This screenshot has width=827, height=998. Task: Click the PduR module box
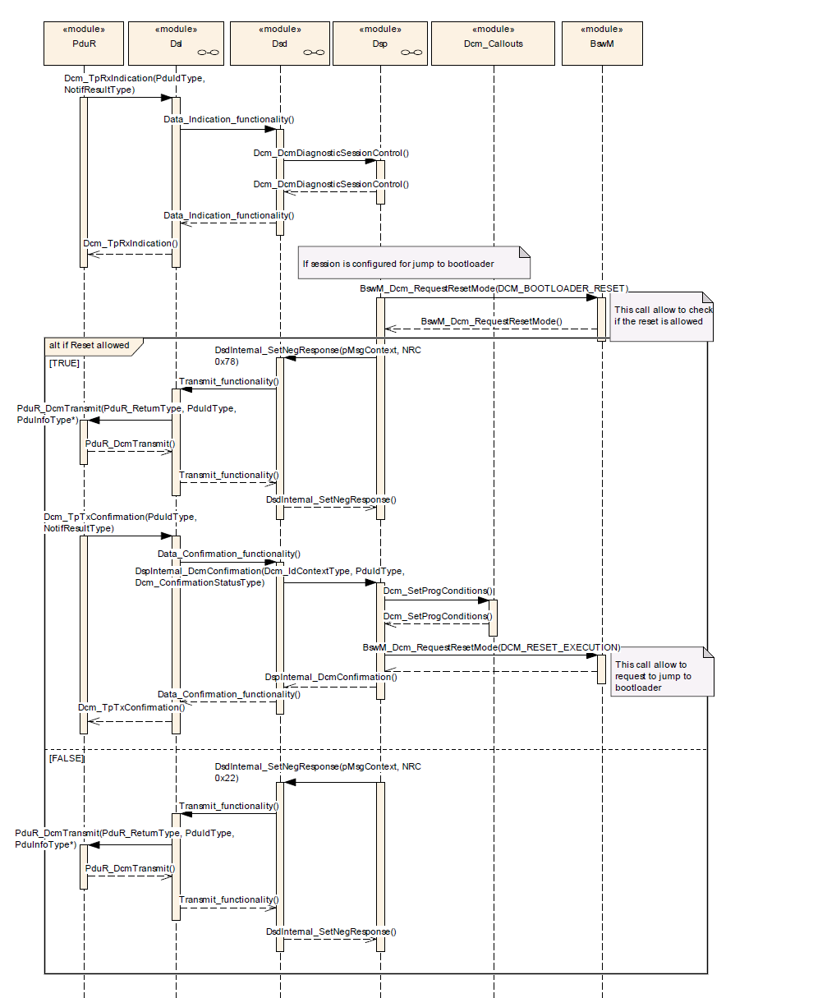pos(84,43)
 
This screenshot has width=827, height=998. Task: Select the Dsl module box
pos(177,43)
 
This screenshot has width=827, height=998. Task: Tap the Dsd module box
pos(280,43)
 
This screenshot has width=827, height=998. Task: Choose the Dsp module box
pos(380,43)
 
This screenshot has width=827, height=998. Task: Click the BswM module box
pos(602,43)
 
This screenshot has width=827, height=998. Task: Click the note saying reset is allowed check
pos(662,315)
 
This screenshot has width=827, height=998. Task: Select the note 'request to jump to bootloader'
pos(662,675)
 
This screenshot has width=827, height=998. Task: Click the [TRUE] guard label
pos(64,362)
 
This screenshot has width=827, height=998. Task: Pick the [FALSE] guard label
pos(67,758)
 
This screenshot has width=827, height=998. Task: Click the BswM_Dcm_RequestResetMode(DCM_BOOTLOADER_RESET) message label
pos(494,288)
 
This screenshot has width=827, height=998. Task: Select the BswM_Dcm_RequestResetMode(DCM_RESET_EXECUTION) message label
pos(491,647)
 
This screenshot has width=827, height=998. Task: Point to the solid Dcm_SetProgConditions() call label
pos(438,591)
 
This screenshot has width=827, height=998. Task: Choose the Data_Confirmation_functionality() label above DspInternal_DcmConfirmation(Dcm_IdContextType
pos(228,554)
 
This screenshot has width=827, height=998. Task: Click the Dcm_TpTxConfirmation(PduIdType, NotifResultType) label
pos(121,523)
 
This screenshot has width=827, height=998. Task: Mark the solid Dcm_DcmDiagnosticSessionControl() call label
pos(331,153)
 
